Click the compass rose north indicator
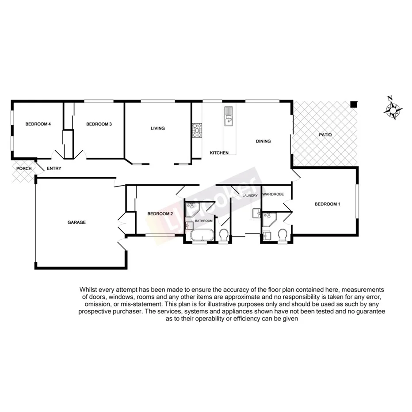click(393, 109)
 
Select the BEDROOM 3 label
click(99, 124)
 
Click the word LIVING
click(157, 129)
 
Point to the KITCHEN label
click(219, 153)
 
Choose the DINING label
click(263, 141)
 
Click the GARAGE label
click(76, 222)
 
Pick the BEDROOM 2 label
click(160, 214)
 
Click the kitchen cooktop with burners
click(196, 130)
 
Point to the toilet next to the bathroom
click(224, 235)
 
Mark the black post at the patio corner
click(353, 104)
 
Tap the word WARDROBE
click(273, 195)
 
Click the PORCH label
click(24, 168)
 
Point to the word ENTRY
click(54, 168)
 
